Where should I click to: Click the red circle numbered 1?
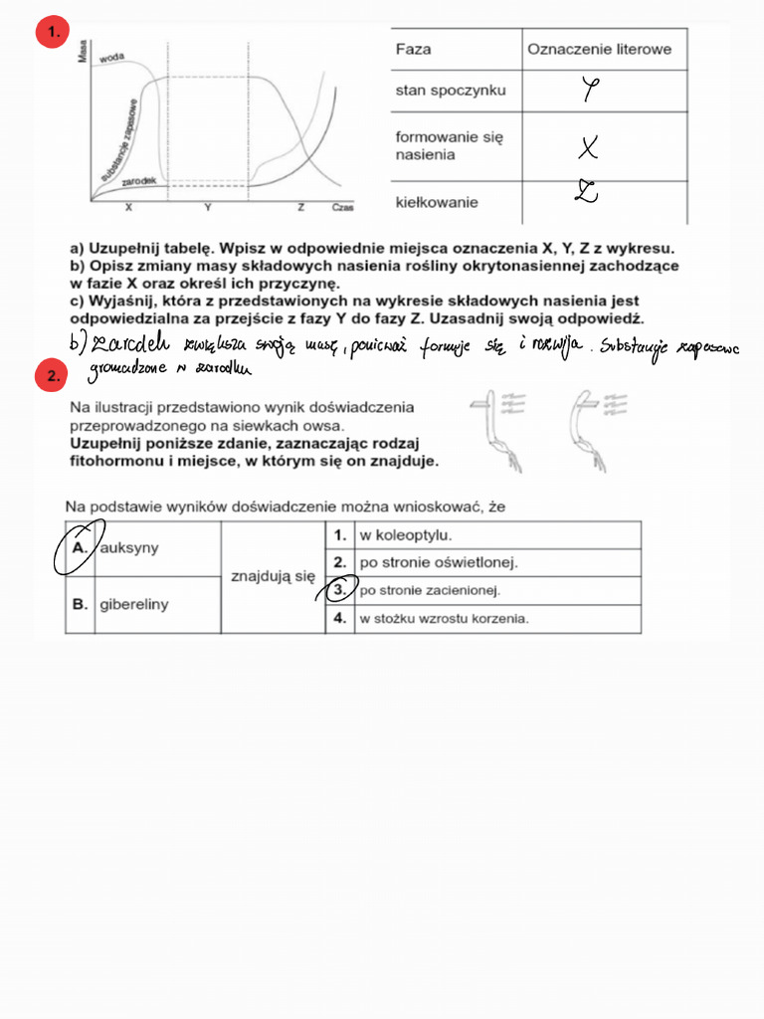pos(51,34)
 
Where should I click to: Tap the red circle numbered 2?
pos(51,376)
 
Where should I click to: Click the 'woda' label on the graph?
pos(112,59)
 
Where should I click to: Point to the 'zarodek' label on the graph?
pos(136,182)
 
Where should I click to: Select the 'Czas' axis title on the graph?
pos(343,208)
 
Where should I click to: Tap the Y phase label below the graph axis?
pos(207,207)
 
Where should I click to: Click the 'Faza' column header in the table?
pos(414,49)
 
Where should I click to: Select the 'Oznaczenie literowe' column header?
pos(599,49)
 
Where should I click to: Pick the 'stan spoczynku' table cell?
pos(451,91)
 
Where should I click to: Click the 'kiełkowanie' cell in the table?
pos(437,202)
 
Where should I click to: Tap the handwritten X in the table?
pos(589,148)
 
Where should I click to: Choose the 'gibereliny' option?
pos(133,604)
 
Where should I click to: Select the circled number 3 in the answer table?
pos(339,590)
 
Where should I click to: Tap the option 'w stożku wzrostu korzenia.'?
pos(444,618)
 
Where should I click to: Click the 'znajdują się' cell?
pos(272,575)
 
